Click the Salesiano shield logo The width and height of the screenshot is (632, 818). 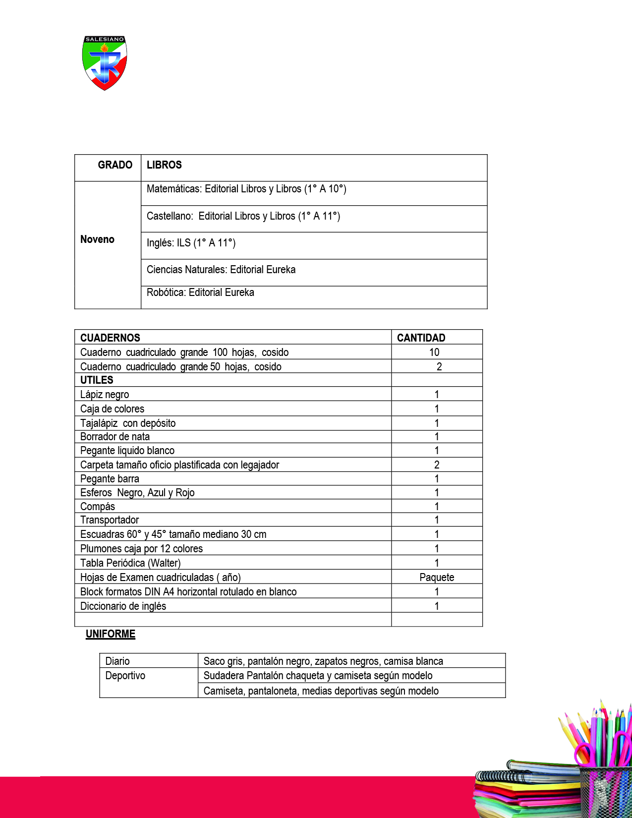point(105,62)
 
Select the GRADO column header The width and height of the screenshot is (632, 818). point(115,165)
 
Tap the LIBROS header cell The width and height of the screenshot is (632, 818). point(164,165)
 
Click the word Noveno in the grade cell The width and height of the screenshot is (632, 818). point(97,239)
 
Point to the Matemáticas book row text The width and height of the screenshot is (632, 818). point(246,189)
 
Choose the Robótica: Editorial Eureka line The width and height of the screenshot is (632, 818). point(200,292)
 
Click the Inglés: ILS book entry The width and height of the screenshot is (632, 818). point(191,243)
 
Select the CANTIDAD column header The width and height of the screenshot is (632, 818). point(421,338)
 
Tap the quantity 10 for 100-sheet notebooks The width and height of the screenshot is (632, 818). point(434,352)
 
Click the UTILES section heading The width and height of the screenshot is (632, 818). point(97,380)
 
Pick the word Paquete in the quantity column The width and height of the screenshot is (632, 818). point(437,578)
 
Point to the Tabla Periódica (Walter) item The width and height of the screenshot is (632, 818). point(130,563)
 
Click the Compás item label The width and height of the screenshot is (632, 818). point(98,507)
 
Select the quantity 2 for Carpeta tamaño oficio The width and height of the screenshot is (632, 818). point(437,465)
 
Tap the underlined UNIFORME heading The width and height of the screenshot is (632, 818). point(111,634)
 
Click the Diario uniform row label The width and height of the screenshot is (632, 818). point(117,661)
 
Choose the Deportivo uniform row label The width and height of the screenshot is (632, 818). point(125,676)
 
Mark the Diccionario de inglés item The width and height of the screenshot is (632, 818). point(123,606)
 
